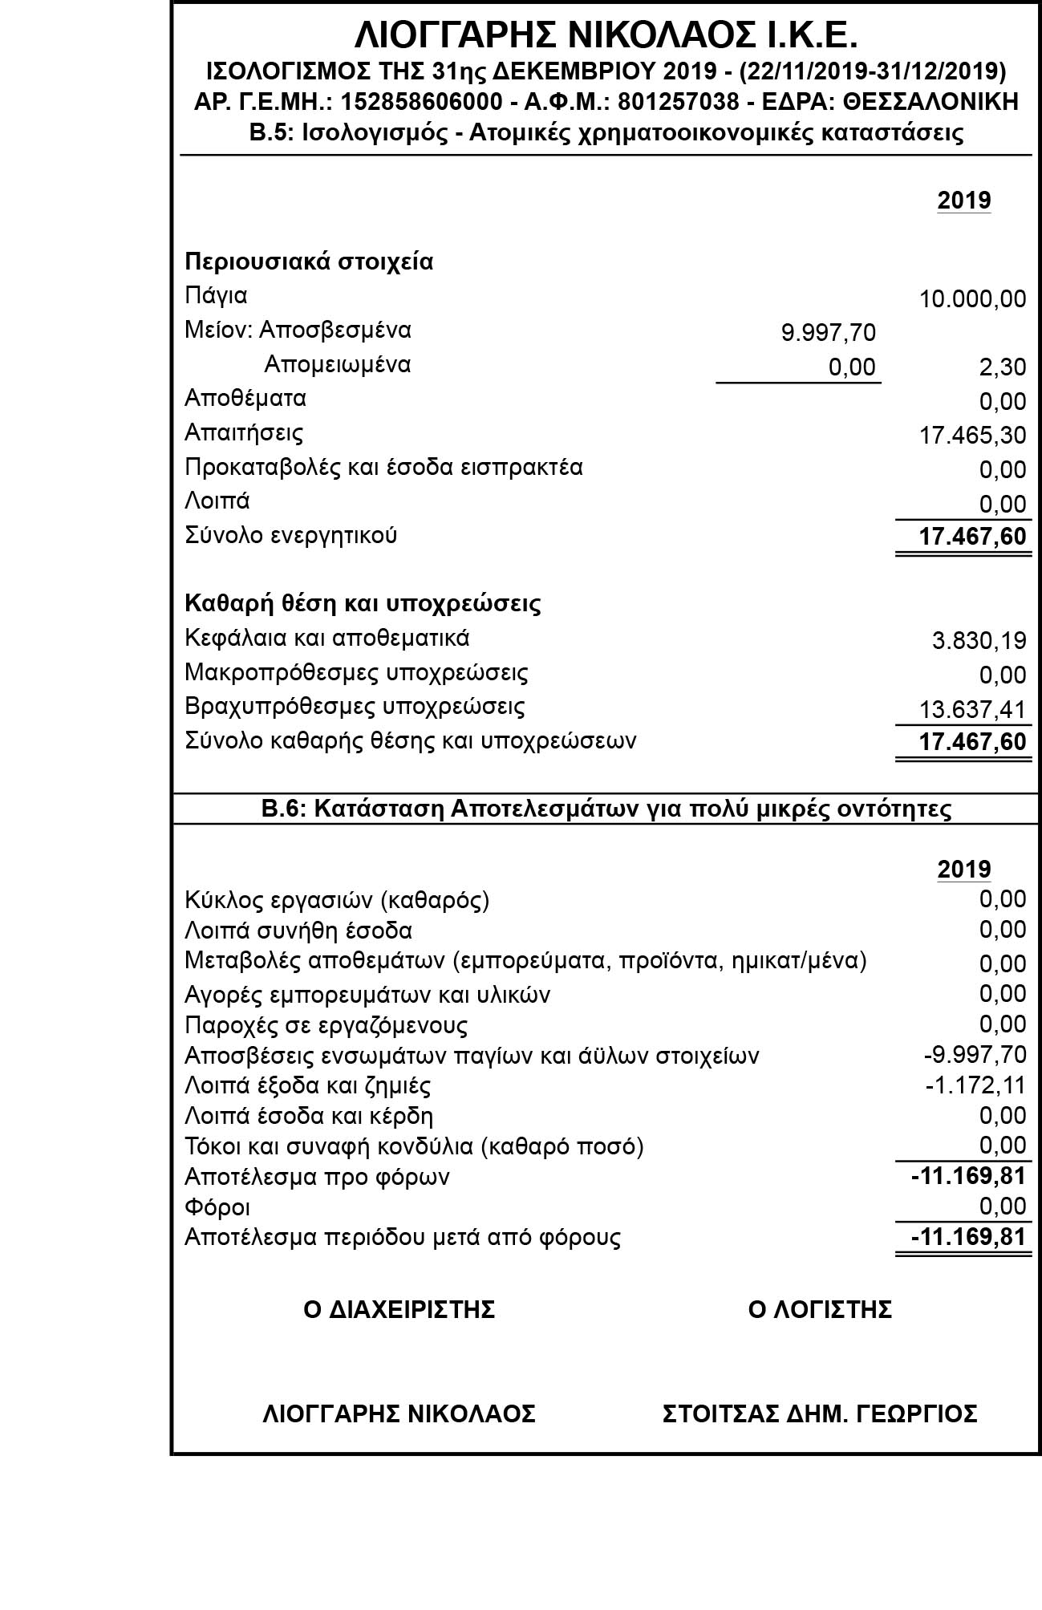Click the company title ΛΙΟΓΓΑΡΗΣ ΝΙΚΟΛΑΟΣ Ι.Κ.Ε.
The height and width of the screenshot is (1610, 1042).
click(x=606, y=36)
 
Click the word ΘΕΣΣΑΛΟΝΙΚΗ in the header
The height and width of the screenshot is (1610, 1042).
click(x=931, y=103)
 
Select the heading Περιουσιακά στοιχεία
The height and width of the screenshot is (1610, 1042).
click(x=309, y=262)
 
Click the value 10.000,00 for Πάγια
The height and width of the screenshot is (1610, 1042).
click(x=972, y=299)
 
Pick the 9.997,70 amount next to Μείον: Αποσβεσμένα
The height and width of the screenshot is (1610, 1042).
click(x=828, y=332)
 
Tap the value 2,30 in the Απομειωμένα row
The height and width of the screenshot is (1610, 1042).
click(x=1002, y=367)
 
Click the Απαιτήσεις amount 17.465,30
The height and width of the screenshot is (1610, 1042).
click(x=972, y=436)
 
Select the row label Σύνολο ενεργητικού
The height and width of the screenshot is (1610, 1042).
click(x=290, y=535)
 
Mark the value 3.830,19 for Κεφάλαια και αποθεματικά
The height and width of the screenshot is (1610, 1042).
click(x=979, y=640)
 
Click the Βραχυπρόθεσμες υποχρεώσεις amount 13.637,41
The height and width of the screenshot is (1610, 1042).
click(x=972, y=709)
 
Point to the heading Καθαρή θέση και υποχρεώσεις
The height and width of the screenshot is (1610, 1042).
click(x=363, y=603)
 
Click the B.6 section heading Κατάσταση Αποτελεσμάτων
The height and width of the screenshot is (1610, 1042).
click(x=606, y=809)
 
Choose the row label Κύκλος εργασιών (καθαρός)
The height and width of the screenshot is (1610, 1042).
click(x=337, y=900)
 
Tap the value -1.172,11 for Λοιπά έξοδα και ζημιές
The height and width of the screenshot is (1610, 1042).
click(x=975, y=1085)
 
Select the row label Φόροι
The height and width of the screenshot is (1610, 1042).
click(x=217, y=1207)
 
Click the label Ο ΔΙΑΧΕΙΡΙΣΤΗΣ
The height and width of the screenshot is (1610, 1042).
click(x=399, y=1309)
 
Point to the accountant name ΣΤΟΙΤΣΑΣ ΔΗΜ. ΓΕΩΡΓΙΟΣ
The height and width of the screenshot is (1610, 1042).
click(x=820, y=1413)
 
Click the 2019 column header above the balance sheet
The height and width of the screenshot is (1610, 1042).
click(x=964, y=200)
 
